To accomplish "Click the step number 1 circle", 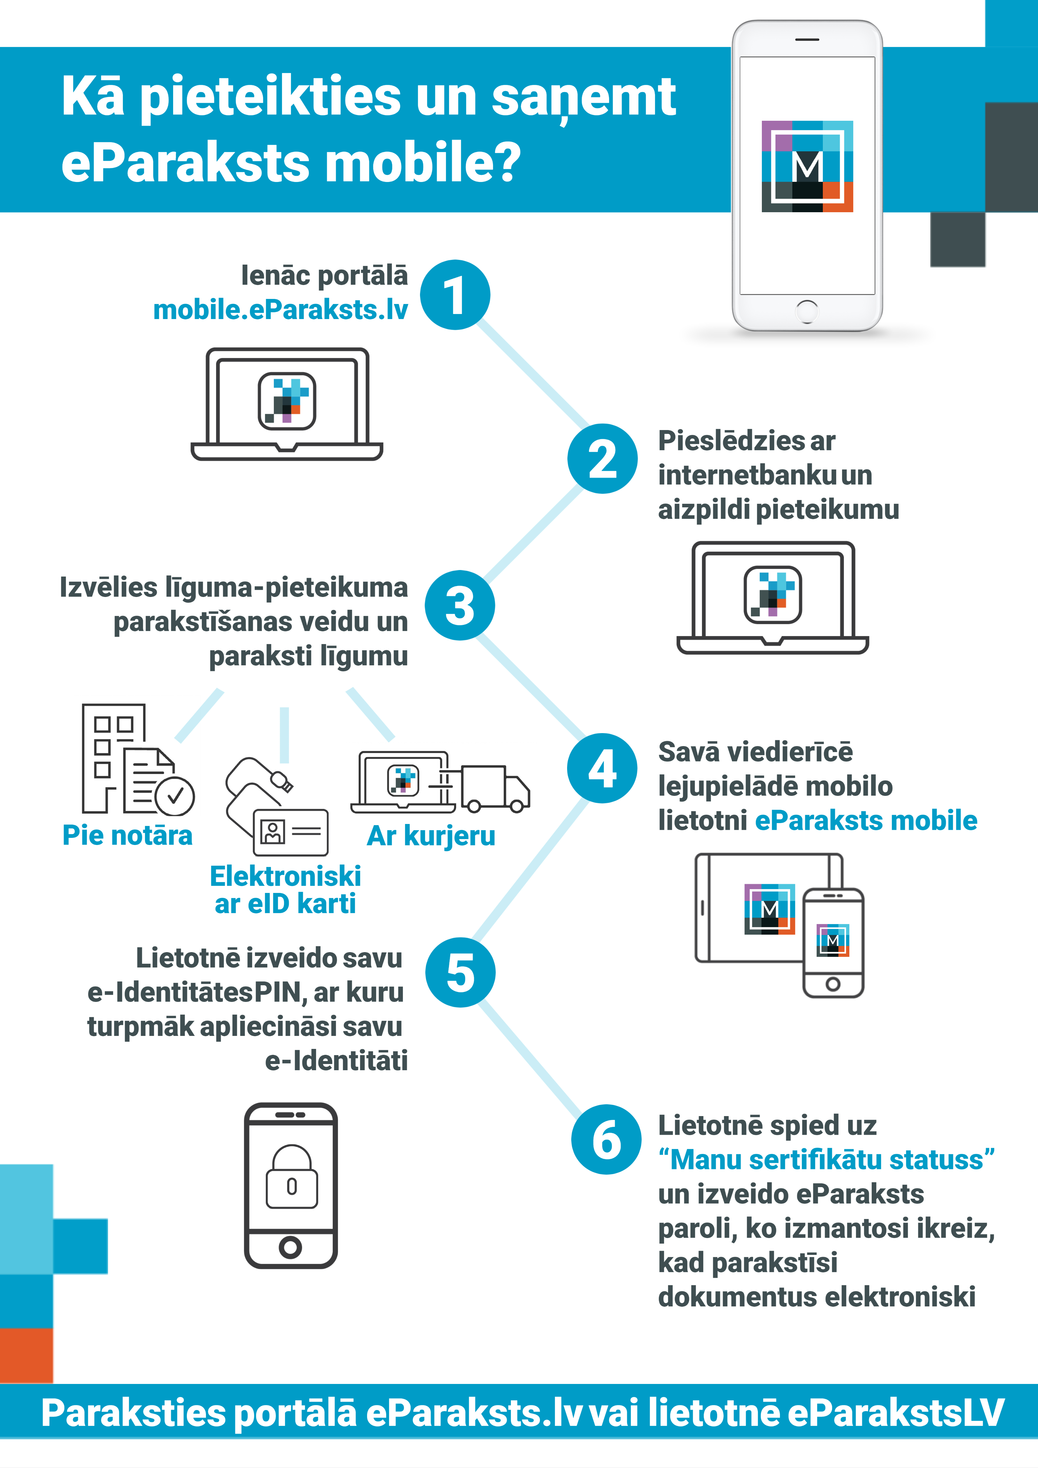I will [x=455, y=295].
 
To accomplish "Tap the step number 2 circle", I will [x=602, y=458].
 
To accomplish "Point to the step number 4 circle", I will [x=602, y=768].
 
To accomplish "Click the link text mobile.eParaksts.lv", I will [x=280, y=310].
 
